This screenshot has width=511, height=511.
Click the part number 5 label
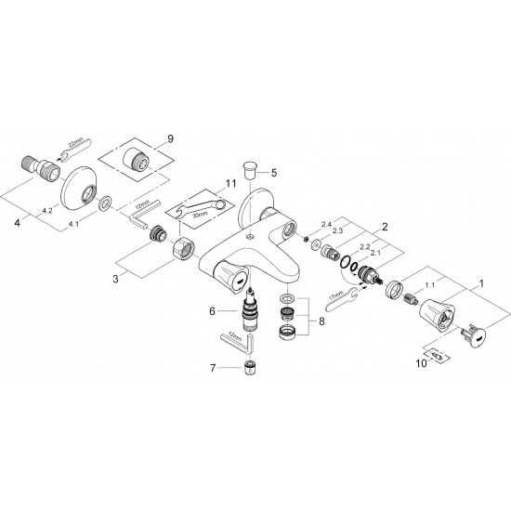274,173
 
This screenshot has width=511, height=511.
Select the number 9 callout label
169,138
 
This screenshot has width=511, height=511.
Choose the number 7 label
213,369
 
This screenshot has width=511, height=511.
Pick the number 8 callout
321,322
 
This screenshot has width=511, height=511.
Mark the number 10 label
420,364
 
